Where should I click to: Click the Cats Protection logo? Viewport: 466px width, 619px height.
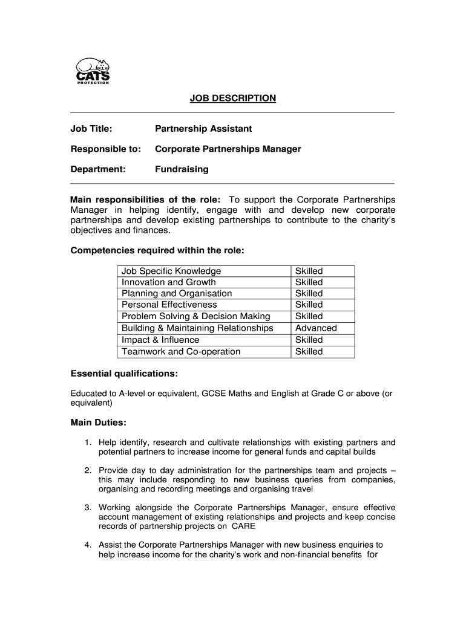93,71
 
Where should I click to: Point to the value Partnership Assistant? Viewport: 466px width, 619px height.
203,129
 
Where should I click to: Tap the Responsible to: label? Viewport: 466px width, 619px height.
106,149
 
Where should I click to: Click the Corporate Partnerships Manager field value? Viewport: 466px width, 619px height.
228,149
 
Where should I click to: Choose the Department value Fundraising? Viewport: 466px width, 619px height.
182,169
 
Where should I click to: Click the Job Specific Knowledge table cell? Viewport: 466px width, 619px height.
171,271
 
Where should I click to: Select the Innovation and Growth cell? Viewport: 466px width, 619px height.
168,282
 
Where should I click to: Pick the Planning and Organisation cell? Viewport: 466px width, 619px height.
177,294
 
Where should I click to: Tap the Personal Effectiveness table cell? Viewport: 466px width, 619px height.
169,305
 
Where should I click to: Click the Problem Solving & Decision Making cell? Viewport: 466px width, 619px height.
196,316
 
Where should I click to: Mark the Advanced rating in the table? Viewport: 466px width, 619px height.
316,328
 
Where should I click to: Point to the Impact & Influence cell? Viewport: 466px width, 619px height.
156,340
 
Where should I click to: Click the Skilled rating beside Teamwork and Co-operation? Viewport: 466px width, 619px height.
309,352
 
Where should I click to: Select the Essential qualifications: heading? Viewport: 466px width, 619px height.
124,374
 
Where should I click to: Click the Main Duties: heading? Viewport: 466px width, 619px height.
98,423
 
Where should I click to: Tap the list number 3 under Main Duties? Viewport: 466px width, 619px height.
88,508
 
